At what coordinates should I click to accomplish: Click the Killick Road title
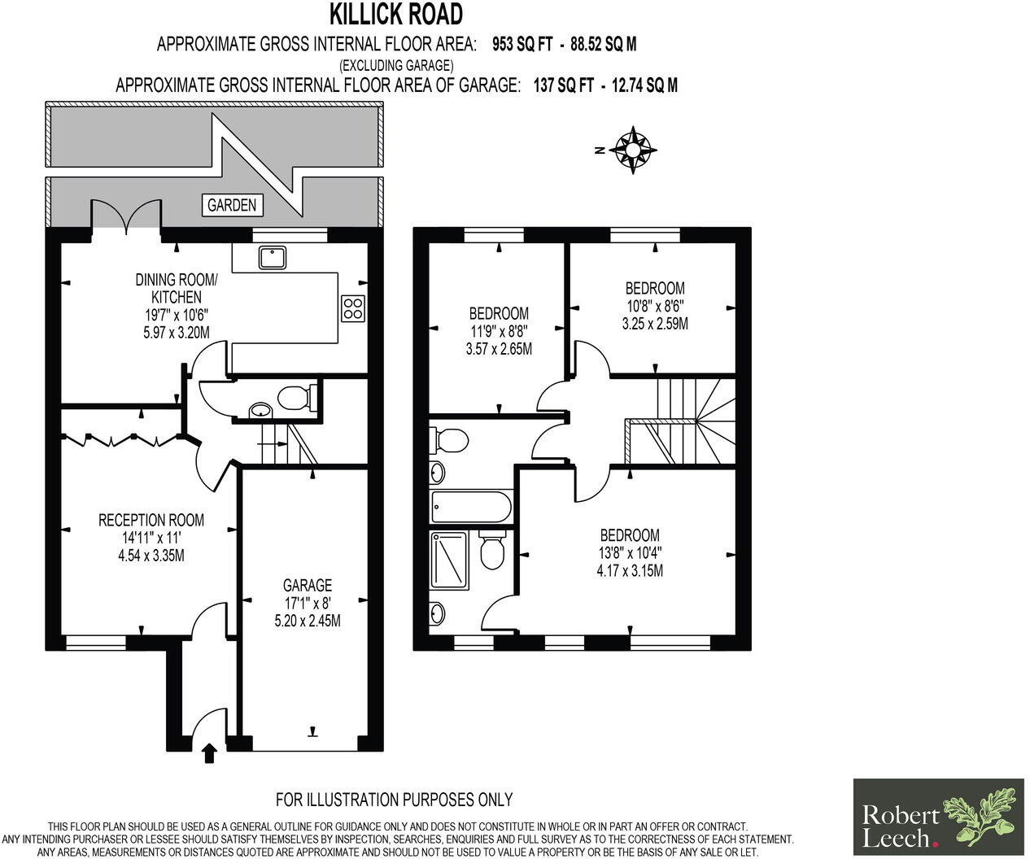tap(396, 14)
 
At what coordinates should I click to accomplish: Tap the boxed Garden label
tap(232, 205)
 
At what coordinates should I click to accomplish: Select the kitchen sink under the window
tap(269, 258)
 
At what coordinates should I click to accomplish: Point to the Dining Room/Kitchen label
tap(177, 289)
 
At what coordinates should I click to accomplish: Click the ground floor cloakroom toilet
tap(292, 398)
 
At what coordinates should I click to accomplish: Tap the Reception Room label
tap(151, 520)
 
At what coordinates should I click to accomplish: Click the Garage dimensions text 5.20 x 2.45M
tap(308, 621)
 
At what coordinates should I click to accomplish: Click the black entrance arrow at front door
tap(208, 752)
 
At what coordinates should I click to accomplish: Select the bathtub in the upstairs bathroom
tap(471, 508)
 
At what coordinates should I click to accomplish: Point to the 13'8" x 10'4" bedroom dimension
tap(630, 553)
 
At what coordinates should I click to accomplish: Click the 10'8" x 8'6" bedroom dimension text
tap(654, 306)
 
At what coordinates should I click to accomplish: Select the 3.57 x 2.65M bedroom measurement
tap(499, 349)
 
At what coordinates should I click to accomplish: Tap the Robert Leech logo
tap(938, 816)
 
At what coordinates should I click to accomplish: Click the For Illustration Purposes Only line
tap(394, 800)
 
